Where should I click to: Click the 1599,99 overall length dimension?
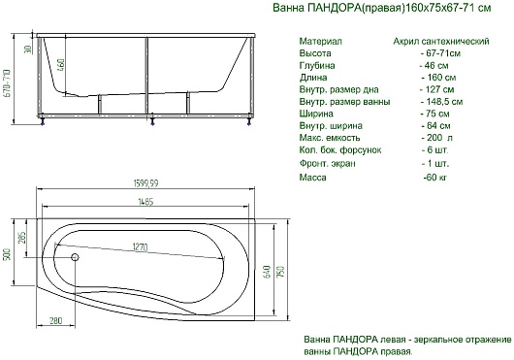click(x=145, y=183)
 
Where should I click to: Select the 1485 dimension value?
click(x=145, y=202)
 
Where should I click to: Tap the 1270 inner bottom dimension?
click(x=140, y=246)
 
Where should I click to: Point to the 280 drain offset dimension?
click(x=55, y=320)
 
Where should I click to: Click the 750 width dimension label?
click(x=281, y=272)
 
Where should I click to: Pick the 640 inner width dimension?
click(x=267, y=272)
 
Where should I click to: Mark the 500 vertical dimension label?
click(x=7, y=254)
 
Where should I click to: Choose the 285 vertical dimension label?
click(x=21, y=239)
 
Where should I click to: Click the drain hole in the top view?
click(x=75, y=257)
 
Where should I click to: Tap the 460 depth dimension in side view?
click(x=61, y=65)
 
